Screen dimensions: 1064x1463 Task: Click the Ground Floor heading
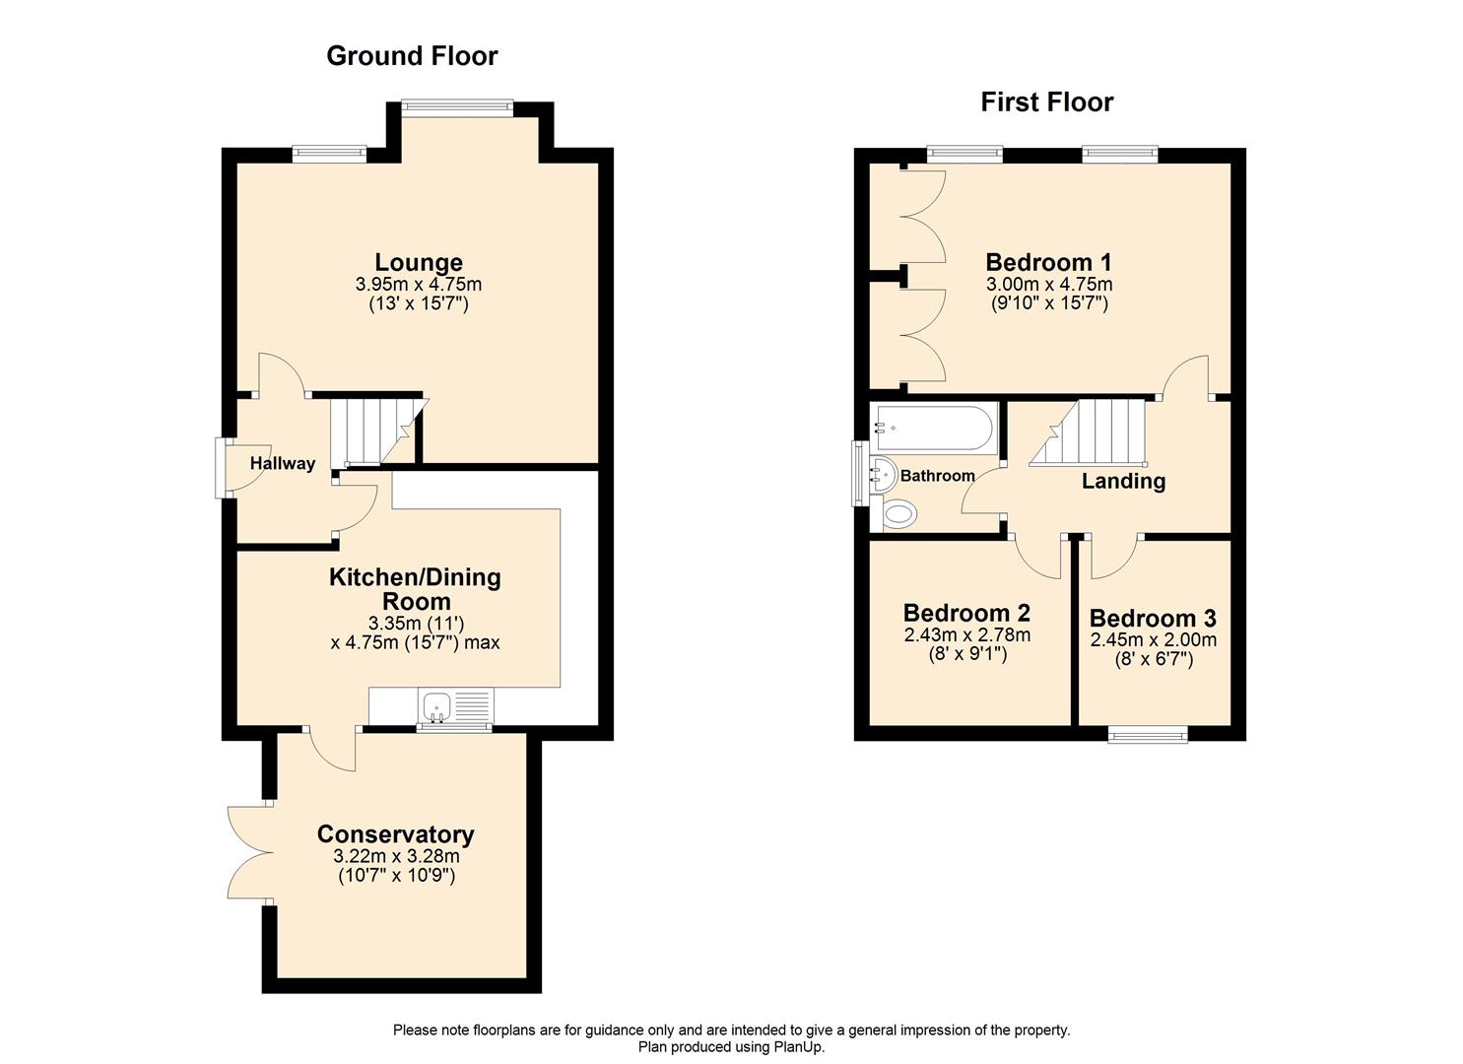[412, 56]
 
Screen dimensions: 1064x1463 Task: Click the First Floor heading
[1046, 102]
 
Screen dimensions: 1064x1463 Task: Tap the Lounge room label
[419, 263]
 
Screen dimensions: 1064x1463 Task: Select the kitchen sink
[436, 706]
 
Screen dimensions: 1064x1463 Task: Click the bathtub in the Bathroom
[932, 427]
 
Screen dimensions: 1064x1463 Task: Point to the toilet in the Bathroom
[899, 513]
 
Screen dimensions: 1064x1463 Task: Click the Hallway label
[283, 464]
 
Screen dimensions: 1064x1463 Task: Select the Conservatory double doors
[246, 852]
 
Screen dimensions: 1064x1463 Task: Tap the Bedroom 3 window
[1148, 734]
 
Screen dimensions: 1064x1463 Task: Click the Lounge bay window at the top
[456, 106]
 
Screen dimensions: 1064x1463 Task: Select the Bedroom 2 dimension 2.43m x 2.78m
[966, 635]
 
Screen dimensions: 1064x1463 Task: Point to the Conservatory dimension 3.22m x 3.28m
[396, 856]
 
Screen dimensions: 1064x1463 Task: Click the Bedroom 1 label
[1048, 263]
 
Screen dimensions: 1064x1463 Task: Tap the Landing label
[1123, 482]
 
